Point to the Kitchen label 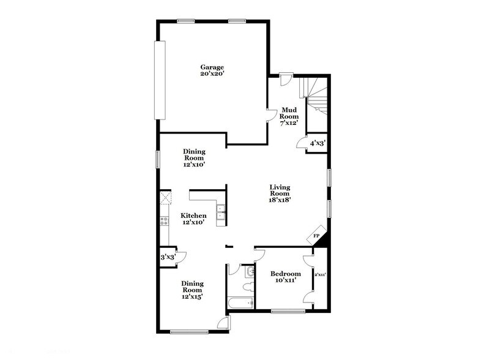193,216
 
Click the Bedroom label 286,273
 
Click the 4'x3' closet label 317,143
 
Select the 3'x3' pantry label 167,257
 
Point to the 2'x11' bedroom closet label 320,275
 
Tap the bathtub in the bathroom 240,302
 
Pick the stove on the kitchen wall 165,221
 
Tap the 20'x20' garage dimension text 212,74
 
